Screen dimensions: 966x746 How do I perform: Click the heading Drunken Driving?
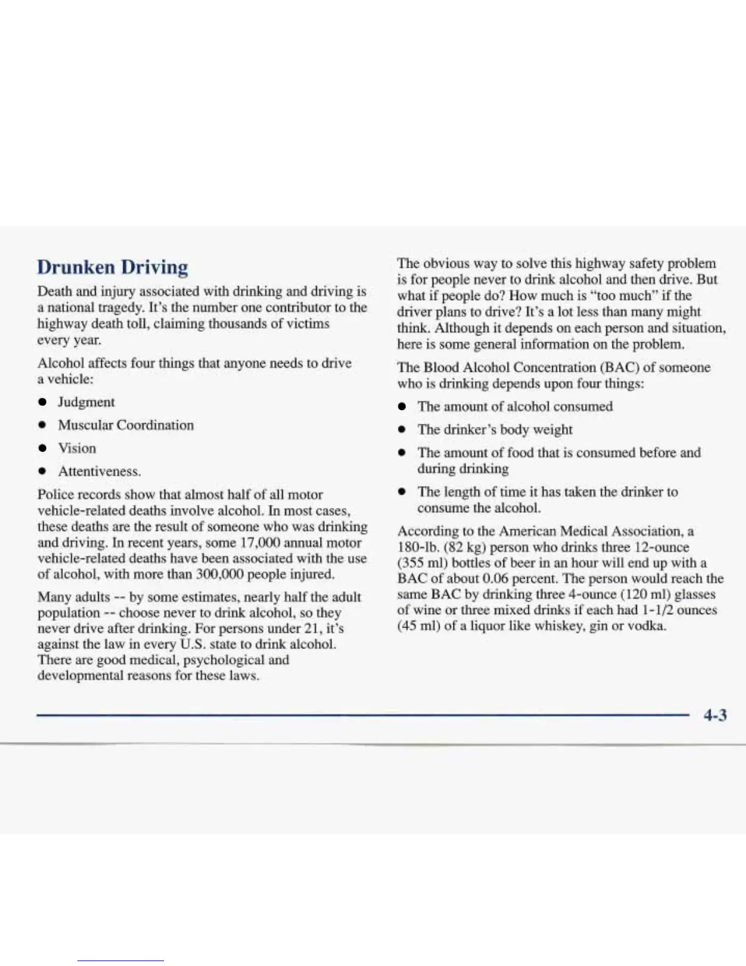tap(113, 267)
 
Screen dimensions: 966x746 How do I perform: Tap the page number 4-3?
tap(715, 715)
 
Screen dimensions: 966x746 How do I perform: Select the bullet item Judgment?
tap(86, 402)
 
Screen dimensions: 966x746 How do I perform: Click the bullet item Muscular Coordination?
tap(126, 425)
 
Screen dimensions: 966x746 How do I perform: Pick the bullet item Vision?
tap(77, 448)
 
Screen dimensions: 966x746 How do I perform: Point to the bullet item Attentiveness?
tap(99, 471)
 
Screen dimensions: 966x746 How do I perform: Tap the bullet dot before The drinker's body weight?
tap(402, 430)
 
